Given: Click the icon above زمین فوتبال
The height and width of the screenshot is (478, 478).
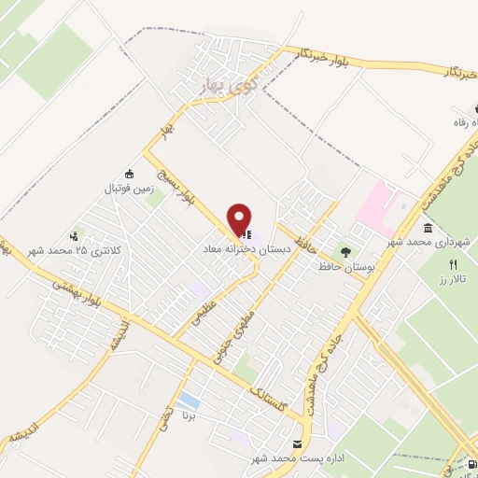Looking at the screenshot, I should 128,173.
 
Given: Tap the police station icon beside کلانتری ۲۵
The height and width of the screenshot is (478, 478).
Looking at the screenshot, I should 75,236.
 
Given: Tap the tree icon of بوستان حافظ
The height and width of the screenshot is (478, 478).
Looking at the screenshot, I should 346,251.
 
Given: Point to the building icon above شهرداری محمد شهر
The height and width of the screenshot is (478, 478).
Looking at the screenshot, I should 428,228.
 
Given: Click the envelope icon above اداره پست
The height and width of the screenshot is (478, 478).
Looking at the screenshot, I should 297,443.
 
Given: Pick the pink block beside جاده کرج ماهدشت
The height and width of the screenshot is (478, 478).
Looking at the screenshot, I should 383,205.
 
